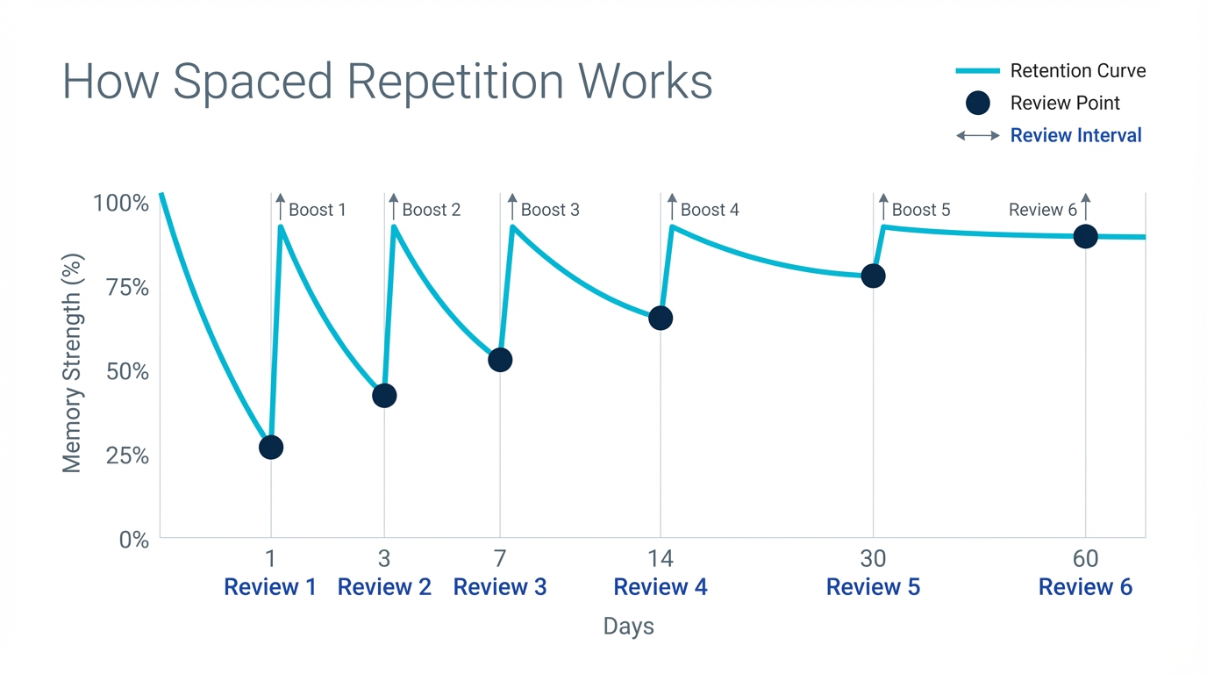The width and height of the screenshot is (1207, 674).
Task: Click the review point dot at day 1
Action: (271, 448)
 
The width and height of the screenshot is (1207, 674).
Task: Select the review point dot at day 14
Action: (661, 319)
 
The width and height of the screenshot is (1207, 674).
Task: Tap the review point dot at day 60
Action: (1085, 236)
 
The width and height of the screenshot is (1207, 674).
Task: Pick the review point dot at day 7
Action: (500, 360)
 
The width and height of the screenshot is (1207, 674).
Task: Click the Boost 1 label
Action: (317, 210)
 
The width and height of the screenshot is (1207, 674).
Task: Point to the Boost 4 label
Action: (709, 210)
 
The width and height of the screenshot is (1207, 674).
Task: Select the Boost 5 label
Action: (920, 210)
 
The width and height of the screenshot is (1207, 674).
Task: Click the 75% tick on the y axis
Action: (128, 288)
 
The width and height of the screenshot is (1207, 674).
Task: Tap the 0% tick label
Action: (134, 540)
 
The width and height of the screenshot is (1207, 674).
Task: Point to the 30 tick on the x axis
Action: (873, 558)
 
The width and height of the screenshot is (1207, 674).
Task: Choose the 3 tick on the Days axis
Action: (384, 558)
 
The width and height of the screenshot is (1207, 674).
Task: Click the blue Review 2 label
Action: (384, 587)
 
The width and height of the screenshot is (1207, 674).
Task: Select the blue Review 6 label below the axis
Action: (1085, 587)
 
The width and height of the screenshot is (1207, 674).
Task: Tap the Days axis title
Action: (628, 627)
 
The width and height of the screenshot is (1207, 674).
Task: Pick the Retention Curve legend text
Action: (1077, 71)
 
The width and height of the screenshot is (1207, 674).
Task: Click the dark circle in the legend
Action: (977, 104)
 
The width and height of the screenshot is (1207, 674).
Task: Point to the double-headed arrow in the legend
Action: (977, 136)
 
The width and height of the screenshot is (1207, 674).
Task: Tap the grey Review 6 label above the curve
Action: (1042, 210)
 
